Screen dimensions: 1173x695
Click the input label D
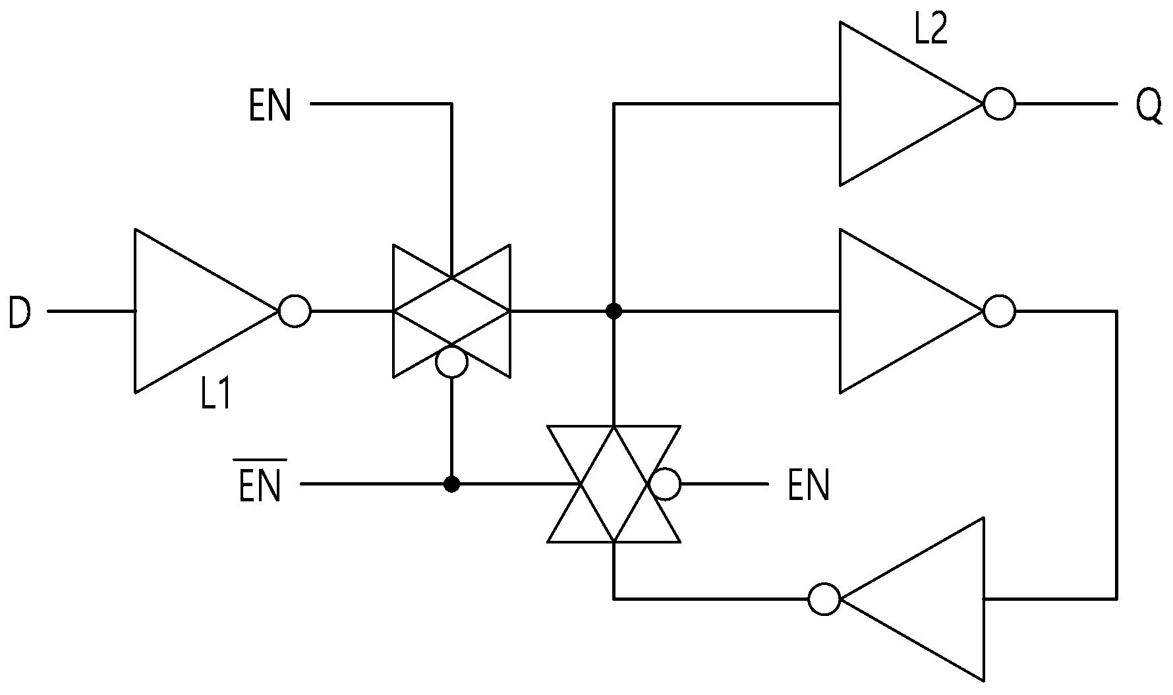19,312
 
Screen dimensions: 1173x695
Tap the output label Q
1149,107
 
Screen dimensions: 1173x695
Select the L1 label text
215,395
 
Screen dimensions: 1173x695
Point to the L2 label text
931,30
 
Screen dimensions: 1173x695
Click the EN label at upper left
270,106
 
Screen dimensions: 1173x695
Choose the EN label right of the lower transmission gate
809,486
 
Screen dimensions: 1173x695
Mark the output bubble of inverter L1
294,311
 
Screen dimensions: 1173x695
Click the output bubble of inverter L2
999,104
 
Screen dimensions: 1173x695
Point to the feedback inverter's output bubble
824,599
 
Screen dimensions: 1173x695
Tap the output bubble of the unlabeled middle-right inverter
999,311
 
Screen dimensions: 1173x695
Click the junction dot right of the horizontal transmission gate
614,311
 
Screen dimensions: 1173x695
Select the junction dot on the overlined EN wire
451,485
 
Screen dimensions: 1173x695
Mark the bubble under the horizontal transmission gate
451,362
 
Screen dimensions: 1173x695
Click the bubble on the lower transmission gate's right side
664,485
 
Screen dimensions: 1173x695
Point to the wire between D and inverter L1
91,311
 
